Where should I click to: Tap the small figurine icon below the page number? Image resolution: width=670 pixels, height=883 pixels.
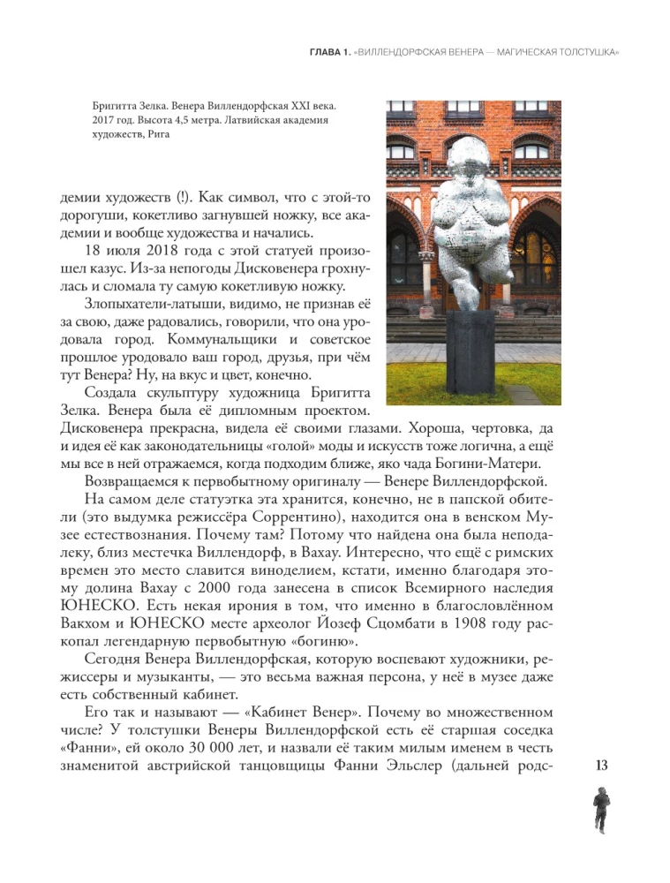tap(603, 810)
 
